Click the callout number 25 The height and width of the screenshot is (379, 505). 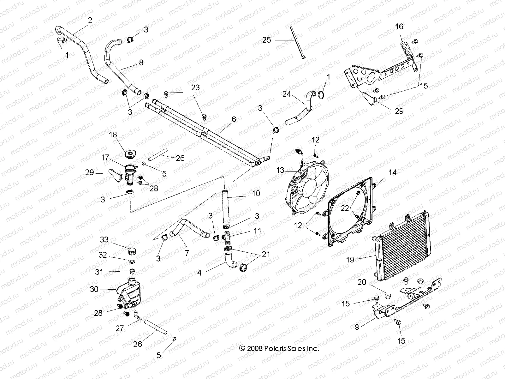pos(267,40)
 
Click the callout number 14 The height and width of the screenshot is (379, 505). pos(393,172)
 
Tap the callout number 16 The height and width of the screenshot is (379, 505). pos(399,27)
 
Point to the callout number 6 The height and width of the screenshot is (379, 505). pos(234,119)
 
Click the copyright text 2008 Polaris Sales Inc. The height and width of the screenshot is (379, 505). pos(279,349)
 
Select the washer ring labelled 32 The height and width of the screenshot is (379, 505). pos(132,262)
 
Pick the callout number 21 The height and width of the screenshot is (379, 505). pos(266,254)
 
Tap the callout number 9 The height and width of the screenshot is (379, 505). pos(357,327)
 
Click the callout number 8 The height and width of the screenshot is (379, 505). pos(141,62)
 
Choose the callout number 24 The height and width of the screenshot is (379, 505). pos(287,94)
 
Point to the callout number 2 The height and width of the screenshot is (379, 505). pos(90,21)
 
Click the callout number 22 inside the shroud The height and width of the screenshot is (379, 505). pos(345,208)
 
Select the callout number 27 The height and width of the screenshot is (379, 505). pos(120,328)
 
